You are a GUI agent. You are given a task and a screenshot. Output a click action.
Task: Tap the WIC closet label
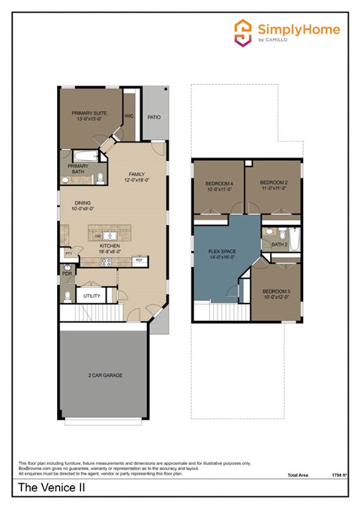tap(129, 117)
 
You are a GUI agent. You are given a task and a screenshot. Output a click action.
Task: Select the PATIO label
tap(154, 117)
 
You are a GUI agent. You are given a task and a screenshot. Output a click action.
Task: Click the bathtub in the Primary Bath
tap(79, 156)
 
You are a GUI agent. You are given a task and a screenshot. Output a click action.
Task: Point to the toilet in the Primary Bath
tap(100, 178)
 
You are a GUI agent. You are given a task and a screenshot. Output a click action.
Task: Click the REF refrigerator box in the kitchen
tap(139, 259)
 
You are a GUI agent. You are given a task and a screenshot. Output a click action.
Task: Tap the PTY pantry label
tap(68, 253)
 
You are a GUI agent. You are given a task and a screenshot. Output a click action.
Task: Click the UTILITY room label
tap(92, 296)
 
